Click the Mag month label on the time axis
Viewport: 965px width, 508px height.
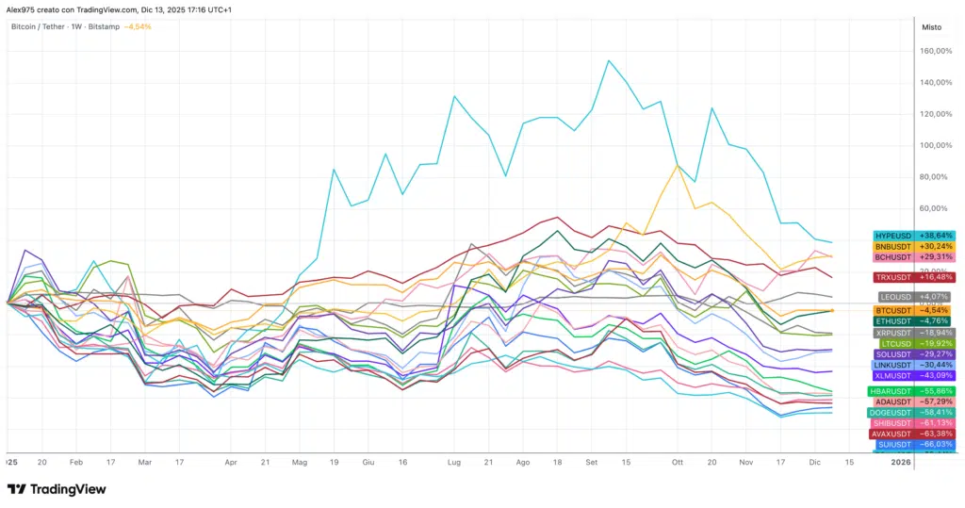(301, 463)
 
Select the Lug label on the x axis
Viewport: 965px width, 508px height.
(454, 463)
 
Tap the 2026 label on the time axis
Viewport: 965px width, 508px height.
(901, 463)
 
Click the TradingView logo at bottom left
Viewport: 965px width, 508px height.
(57, 489)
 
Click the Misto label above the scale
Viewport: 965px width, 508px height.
(929, 26)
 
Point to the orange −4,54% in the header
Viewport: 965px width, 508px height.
(137, 26)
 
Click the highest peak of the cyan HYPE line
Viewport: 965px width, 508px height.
(609, 61)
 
